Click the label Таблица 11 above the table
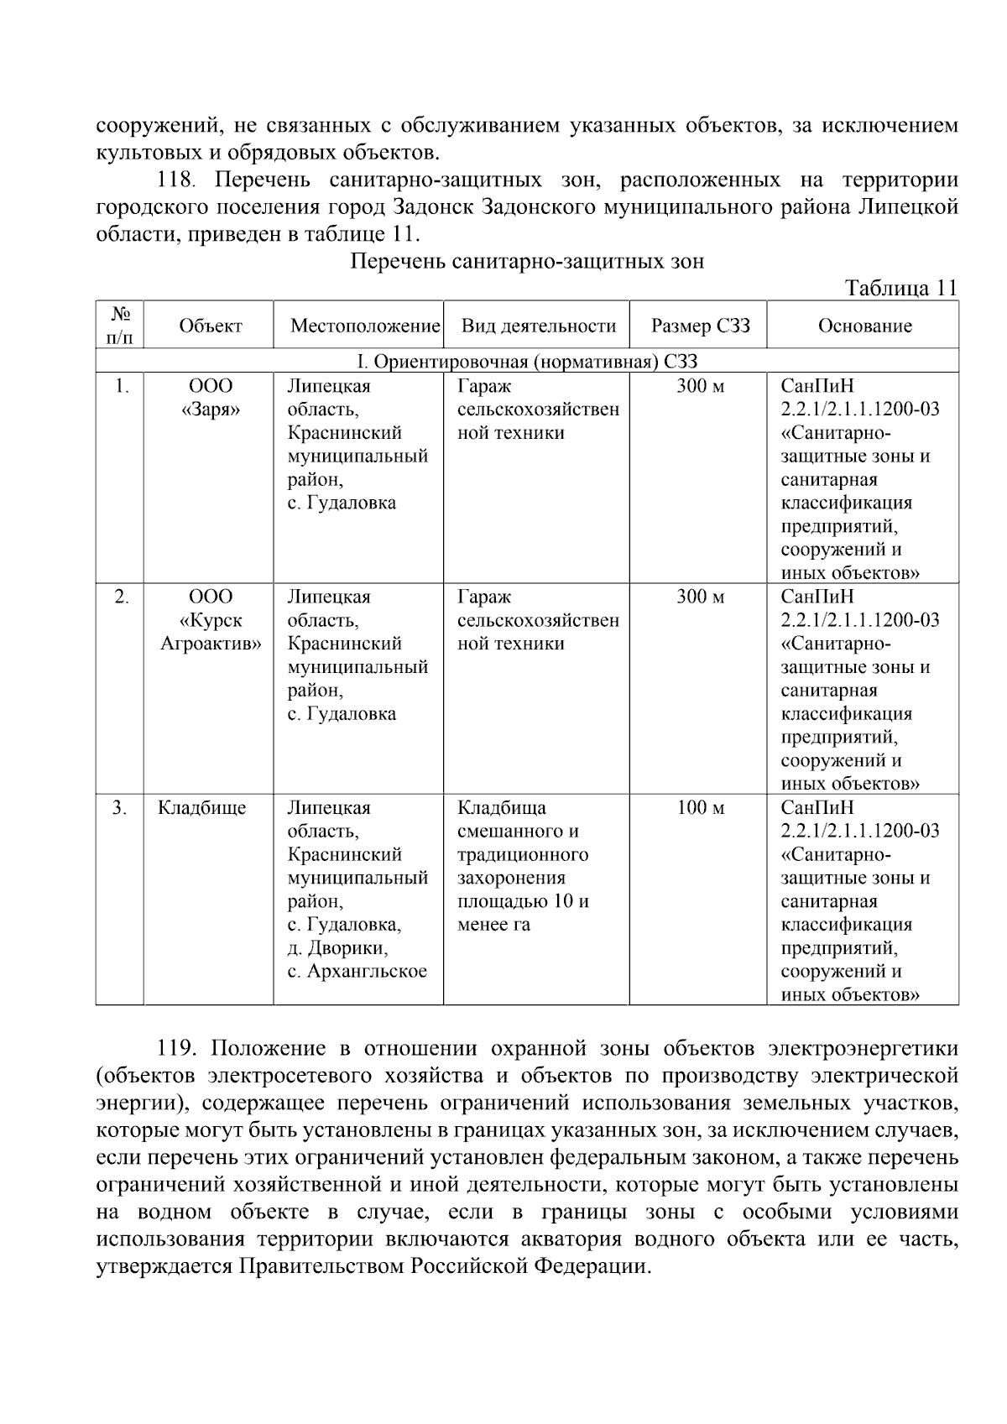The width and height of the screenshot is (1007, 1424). click(901, 288)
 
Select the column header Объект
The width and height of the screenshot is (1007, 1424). click(210, 326)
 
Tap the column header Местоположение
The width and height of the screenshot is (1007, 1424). click(365, 326)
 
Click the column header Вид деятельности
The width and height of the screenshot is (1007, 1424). click(538, 326)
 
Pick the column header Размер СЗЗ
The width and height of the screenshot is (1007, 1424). click(700, 326)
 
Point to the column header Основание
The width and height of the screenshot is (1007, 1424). click(864, 326)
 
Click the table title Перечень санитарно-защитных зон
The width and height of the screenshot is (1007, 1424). click(526, 261)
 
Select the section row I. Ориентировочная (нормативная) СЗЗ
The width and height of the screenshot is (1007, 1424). click(527, 362)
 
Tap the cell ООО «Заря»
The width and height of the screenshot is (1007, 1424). click(210, 398)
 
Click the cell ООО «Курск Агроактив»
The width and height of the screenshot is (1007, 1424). click(210, 620)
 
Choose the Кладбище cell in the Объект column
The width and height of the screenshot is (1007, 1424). click(201, 808)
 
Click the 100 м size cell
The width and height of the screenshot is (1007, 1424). click(700, 808)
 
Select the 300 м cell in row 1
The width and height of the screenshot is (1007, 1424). click(700, 387)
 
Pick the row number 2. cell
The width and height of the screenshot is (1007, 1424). click(122, 597)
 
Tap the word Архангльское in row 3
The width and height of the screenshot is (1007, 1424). click(369, 972)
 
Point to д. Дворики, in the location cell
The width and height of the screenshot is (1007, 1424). click(337, 948)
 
